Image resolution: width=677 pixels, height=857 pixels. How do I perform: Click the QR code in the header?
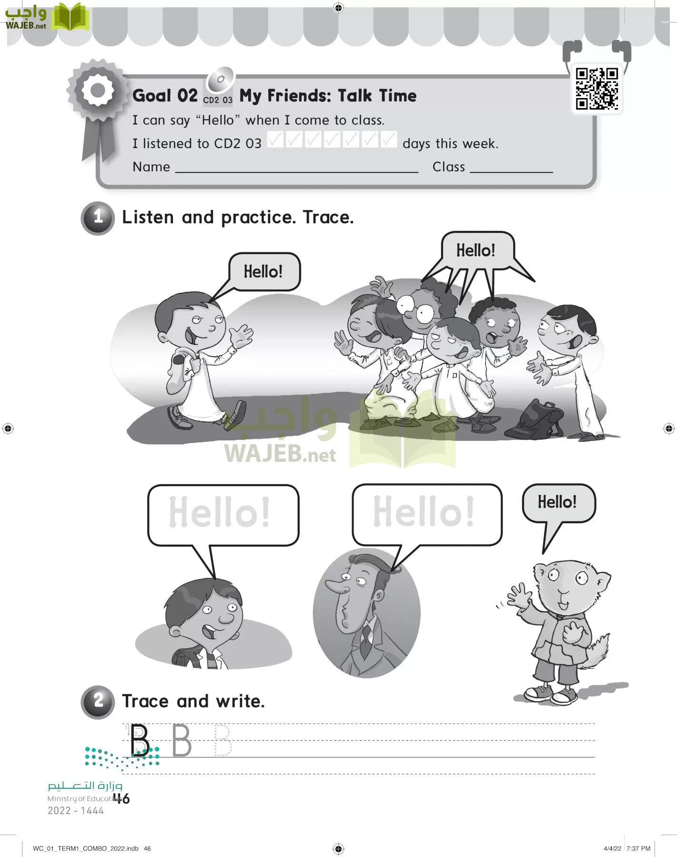(x=596, y=89)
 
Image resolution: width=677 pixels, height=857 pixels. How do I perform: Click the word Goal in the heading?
(x=152, y=96)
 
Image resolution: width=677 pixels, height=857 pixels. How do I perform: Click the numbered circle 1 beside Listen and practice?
(x=98, y=218)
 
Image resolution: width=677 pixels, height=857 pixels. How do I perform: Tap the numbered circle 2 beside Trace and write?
(x=98, y=702)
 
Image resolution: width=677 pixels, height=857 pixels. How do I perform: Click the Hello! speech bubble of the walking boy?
(x=264, y=272)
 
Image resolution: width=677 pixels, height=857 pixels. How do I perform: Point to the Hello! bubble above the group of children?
(x=475, y=250)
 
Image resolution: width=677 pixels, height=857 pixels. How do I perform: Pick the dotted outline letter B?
(x=222, y=740)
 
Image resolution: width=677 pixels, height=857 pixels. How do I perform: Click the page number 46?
(x=121, y=798)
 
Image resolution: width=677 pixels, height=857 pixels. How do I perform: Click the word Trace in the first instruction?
(x=328, y=218)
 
